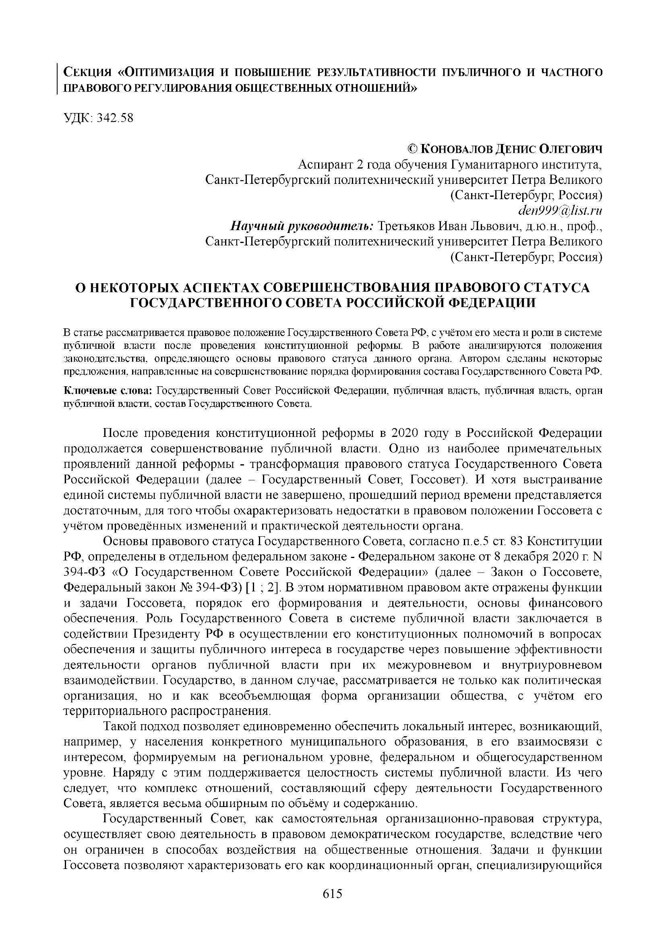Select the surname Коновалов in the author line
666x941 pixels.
pyautogui.click(x=457, y=149)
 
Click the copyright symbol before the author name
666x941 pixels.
pyautogui.click(x=413, y=149)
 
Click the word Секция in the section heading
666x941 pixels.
pyautogui.click(x=87, y=72)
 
